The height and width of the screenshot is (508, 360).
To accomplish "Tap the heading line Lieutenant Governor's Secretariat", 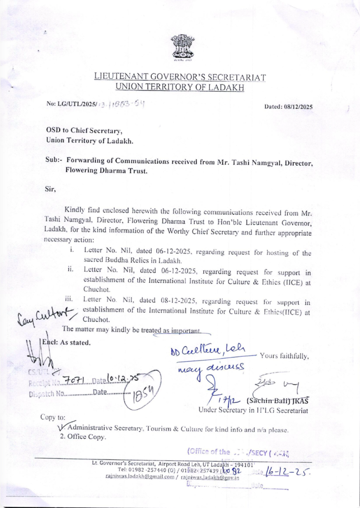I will [x=180, y=77].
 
